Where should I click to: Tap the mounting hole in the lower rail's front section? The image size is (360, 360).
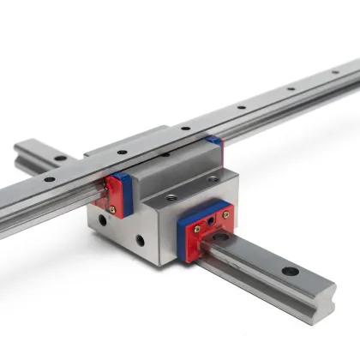click(289, 272)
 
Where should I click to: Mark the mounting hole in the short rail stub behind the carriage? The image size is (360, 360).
click(61, 159)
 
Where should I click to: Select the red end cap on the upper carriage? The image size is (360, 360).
click(109, 193)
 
